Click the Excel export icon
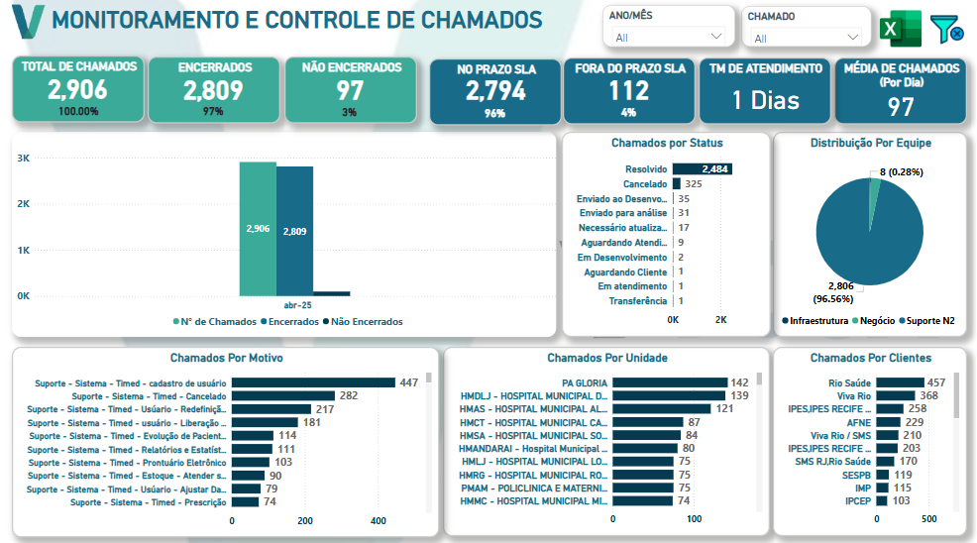pos(901,29)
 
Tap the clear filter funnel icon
pos(946,29)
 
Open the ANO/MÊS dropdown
pos(668,38)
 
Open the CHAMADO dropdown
pos(807,38)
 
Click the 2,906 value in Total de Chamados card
pos(78,90)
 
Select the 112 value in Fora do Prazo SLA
pos(628,91)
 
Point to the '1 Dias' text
pos(765,100)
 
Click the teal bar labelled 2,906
pos(258,229)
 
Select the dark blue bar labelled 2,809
pos(294,231)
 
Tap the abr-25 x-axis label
pos(297,305)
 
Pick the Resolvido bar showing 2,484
pos(703,169)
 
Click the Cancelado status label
pos(645,184)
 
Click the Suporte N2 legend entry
pos(926,320)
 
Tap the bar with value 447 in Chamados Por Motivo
pos(313,382)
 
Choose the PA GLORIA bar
pos(670,382)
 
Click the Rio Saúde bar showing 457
pos(900,382)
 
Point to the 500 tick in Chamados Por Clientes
pos(928,518)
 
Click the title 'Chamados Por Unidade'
pos(606,358)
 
